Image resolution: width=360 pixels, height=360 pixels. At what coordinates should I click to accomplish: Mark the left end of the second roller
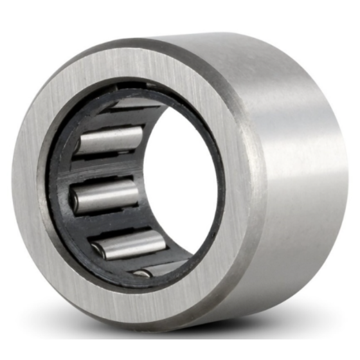(78, 145)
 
